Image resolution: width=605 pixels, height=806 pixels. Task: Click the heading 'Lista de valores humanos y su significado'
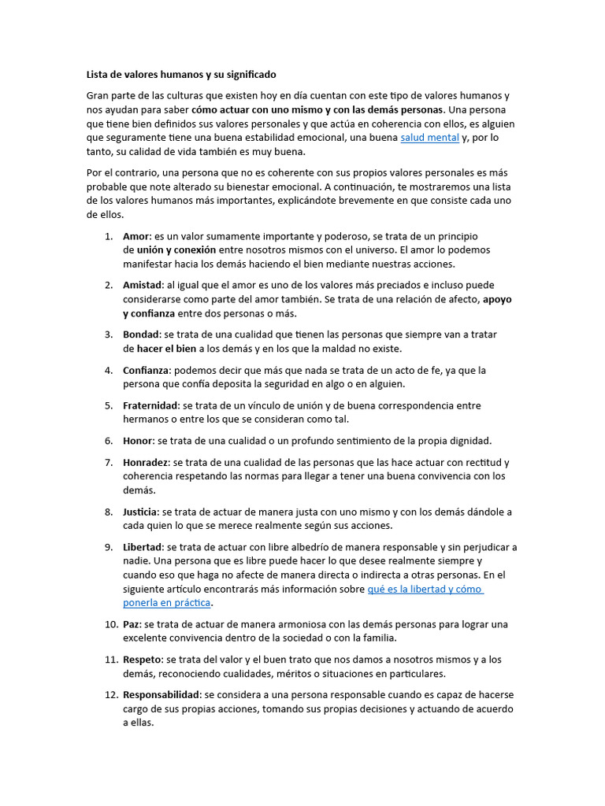coord(181,75)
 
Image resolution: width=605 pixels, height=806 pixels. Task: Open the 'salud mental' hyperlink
coord(429,138)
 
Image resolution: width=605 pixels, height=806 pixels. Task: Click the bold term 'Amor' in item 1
coord(136,236)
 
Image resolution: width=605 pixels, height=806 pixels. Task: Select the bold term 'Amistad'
coord(142,285)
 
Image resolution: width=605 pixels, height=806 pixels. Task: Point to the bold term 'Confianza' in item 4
coord(146,370)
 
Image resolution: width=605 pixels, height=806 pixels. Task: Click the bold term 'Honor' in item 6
coord(138,441)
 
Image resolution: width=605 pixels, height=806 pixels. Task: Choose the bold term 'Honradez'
coord(146,462)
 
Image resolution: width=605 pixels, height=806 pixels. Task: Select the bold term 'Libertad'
coord(143,547)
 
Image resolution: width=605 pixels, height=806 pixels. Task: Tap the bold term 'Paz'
coord(132,624)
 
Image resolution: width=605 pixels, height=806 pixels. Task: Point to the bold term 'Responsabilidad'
coord(162,695)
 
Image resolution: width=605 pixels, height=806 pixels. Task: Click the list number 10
coord(109,624)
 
